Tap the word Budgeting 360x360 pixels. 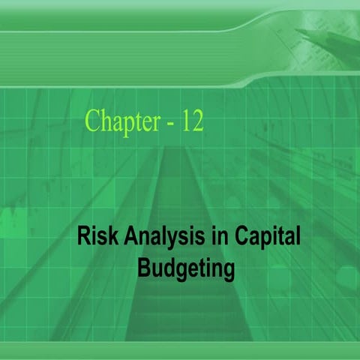(186, 268)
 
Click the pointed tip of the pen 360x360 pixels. (297, 31)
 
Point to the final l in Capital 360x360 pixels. (298, 238)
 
